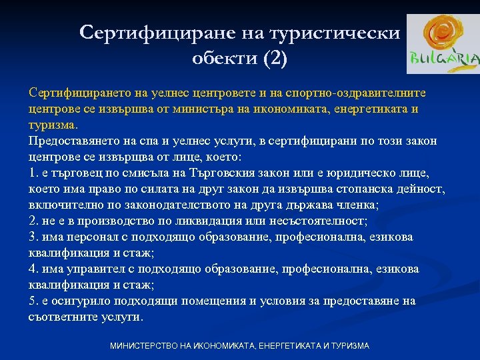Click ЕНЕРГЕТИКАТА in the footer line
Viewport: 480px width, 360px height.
(279, 346)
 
